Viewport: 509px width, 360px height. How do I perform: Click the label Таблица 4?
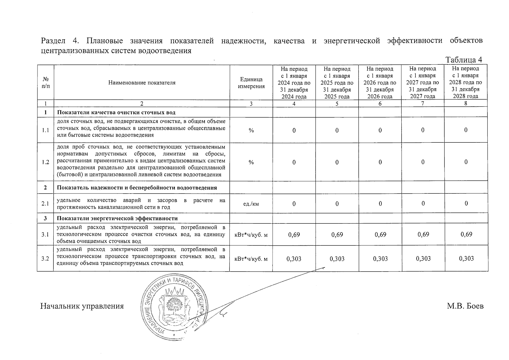pyautogui.click(x=464, y=60)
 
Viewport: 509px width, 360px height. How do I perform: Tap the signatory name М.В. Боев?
pyautogui.click(x=465, y=306)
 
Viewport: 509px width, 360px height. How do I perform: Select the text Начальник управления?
pyautogui.click(x=82, y=306)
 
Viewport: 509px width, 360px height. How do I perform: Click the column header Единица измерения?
pyautogui.click(x=251, y=83)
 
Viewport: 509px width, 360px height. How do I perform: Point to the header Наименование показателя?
pyautogui.click(x=142, y=83)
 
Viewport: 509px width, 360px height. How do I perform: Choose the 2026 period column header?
pyautogui.click(x=380, y=82)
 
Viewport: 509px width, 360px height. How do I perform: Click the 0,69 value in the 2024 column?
pyautogui.click(x=294, y=235)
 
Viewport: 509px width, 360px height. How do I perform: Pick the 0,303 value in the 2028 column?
pyautogui.click(x=466, y=259)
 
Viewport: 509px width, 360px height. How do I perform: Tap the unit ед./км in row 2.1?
pyautogui.click(x=251, y=204)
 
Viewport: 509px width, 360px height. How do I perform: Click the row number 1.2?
pyautogui.click(x=45, y=162)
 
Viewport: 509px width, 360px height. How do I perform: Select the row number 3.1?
pyautogui.click(x=45, y=235)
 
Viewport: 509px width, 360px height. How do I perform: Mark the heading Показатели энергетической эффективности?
pyautogui.click(x=117, y=219)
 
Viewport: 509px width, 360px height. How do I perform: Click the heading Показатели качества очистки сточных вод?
pyautogui.click(x=116, y=112)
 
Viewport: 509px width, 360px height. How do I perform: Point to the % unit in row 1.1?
pyautogui.click(x=251, y=130)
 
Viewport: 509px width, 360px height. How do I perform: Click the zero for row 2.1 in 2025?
pyautogui.click(x=337, y=204)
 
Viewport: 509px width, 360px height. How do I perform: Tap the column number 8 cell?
pyautogui.click(x=466, y=104)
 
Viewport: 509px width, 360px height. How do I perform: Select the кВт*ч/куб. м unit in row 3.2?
pyautogui.click(x=251, y=259)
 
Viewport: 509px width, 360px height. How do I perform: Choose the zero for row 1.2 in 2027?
pyautogui.click(x=423, y=162)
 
